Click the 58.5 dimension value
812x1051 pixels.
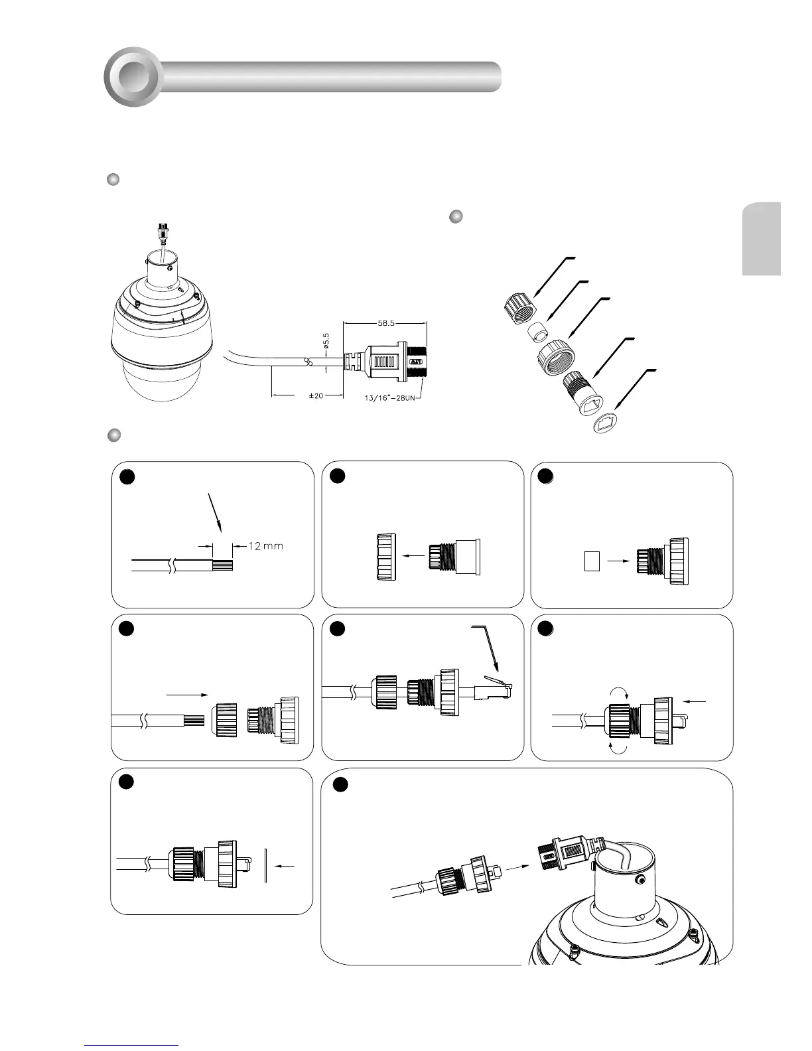pyautogui.click(x=385, y=324)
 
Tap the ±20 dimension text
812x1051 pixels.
pyautogui.click(x=316, y=395)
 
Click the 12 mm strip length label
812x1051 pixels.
pyautogui.click(x=265, y=546)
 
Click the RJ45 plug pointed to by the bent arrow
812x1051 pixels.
pyautogui.click(x=493, y=687)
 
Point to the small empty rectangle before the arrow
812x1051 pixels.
pyautogui.click(x=592, y=561)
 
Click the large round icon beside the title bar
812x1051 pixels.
pyautogui.click(x=132, y=77)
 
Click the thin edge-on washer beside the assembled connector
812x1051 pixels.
pyautogui.click(x=264, y=865)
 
